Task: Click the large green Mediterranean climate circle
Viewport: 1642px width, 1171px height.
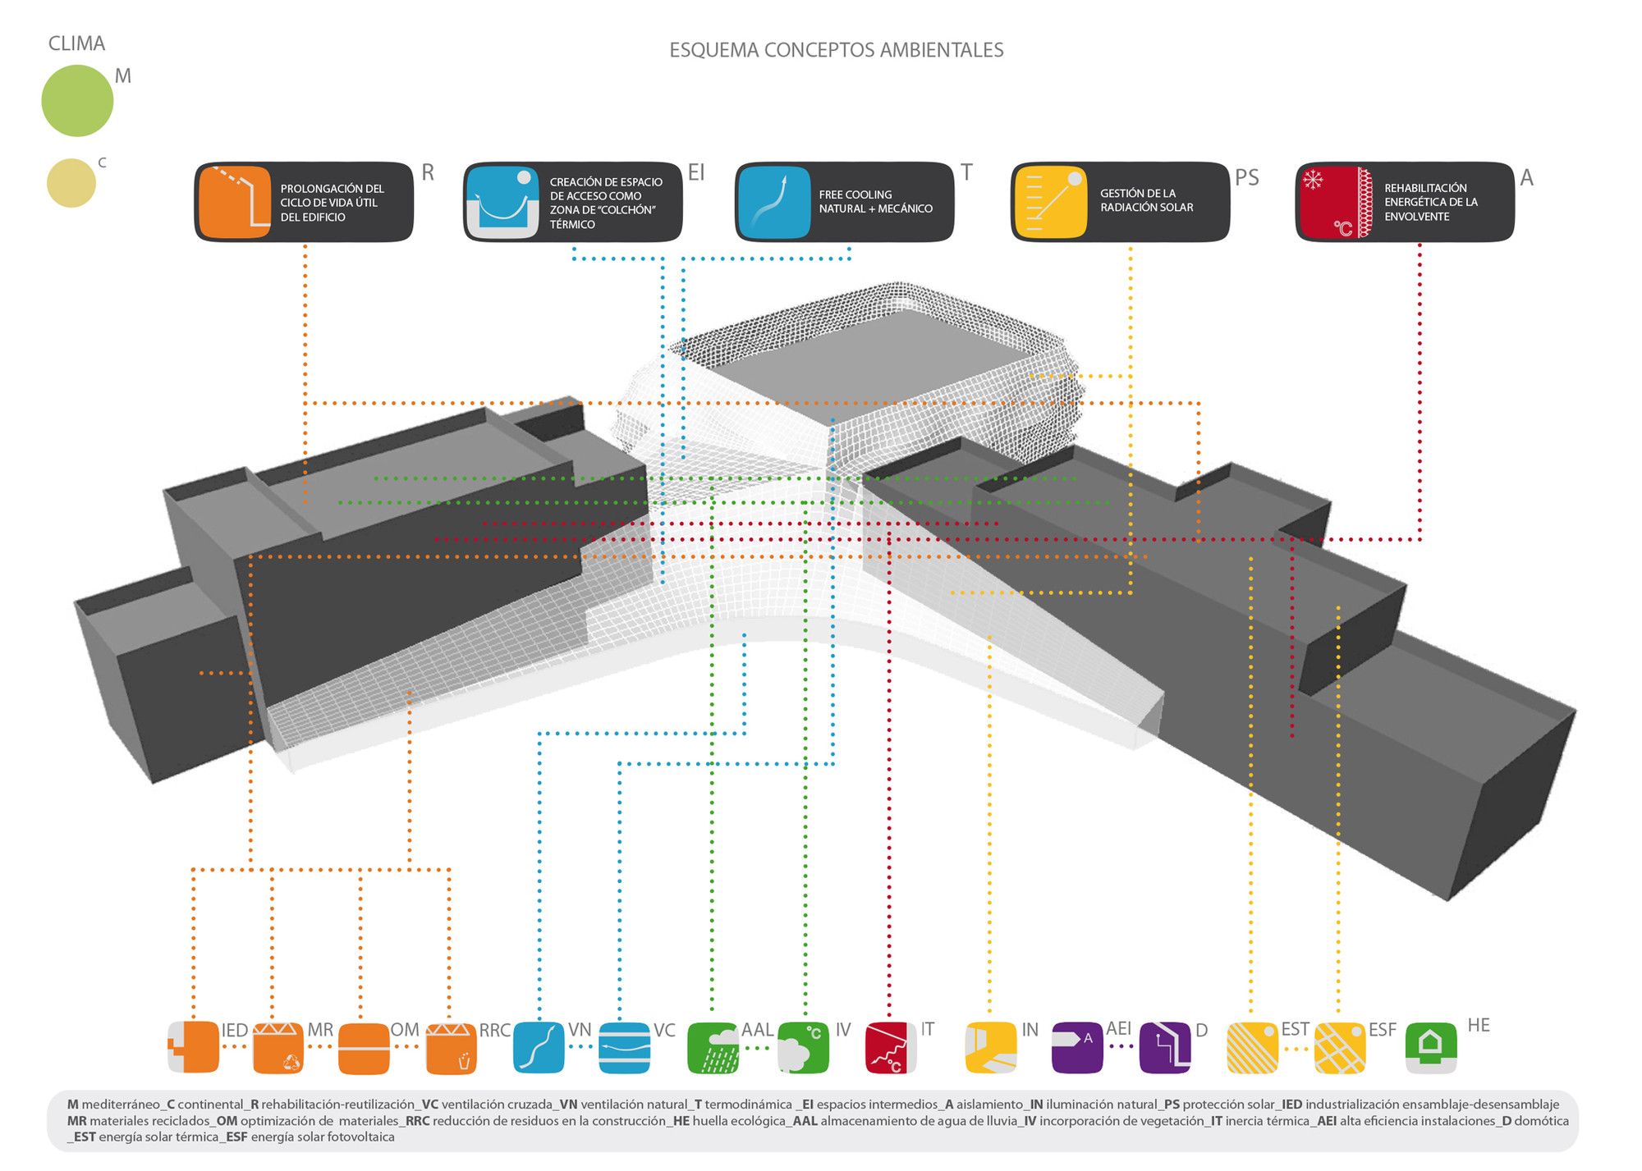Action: point(77,101)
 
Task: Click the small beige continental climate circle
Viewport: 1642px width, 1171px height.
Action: point(71,183)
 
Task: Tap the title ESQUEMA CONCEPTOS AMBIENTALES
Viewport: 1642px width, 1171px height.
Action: point(836,50)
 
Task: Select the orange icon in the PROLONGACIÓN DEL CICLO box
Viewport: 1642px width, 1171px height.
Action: point(235,202)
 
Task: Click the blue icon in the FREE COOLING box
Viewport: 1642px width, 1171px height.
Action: point(774,202)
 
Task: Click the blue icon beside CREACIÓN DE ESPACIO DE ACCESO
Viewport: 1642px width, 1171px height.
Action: point(502,202)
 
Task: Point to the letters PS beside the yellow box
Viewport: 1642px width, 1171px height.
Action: point(1246,177)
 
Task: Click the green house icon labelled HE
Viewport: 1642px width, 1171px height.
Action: point(1431,1047)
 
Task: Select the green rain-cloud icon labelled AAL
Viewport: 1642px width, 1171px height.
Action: point(713,1048)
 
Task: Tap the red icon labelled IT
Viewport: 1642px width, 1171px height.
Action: point(891,1048)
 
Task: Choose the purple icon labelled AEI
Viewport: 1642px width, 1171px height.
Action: point(1077,1048)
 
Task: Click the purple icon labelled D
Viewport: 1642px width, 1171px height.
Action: point(1165,1048)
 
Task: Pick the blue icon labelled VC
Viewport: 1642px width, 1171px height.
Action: point(625,1048)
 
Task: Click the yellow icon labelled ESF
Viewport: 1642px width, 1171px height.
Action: point(1340,1048)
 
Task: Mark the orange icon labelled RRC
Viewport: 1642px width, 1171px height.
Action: point(452,1048)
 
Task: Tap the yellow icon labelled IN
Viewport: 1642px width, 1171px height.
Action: point(991,1048)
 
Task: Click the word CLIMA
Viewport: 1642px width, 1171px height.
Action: point(76,43)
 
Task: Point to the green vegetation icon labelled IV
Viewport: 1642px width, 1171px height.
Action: point(803,1048)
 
